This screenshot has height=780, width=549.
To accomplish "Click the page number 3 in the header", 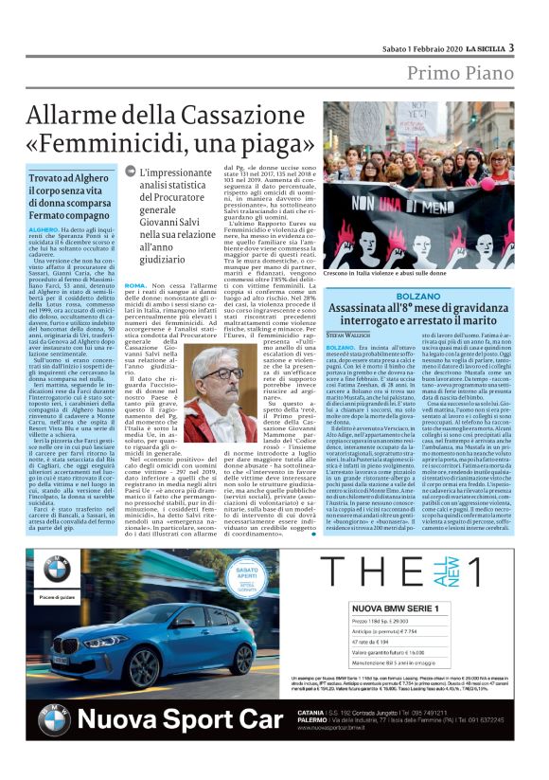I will [512, 47].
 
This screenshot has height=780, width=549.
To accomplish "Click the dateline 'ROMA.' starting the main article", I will [134, 285].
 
